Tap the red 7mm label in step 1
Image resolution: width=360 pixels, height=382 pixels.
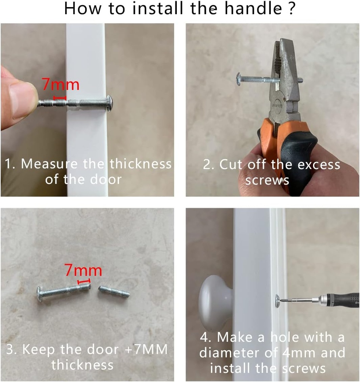pyautogui.click(x=60, y=85)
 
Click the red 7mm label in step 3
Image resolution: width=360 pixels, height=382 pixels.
pyautogui.click(x=83, y=270)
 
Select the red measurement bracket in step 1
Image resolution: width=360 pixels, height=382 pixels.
pyautogui.click(x=60, y=98)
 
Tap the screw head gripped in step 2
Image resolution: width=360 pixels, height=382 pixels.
pyautogui.click(x=239, y=79)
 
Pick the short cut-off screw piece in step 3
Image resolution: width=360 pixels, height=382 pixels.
pyautogui.click(x=114, y=291)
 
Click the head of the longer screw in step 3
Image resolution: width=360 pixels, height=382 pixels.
pyautogui.click(x=40, y=294)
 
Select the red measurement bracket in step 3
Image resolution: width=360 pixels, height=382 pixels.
pyautogui.click(x=84, y=282)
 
